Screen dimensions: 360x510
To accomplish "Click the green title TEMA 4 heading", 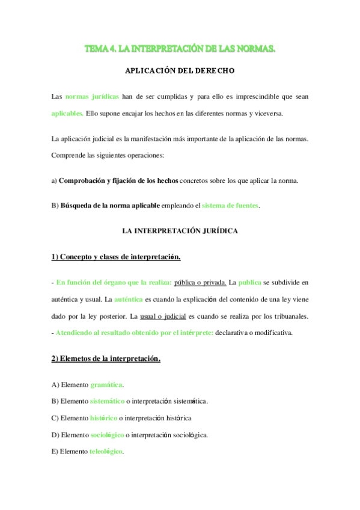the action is click(180, 48).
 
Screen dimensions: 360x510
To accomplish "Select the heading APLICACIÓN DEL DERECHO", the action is click(180, 70).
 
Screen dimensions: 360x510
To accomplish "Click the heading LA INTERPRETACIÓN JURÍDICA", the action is click(180, 230).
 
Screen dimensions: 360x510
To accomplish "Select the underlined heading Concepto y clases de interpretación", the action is click(116, 257).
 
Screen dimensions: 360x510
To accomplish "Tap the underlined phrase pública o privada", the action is click(200, 281).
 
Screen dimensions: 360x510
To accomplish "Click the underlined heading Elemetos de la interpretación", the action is click(106, 359).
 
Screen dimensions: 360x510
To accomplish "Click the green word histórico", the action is click(103, 418).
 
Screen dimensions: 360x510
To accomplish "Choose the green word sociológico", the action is click(107, 435).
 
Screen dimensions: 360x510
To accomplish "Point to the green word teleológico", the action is click(106, 452).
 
